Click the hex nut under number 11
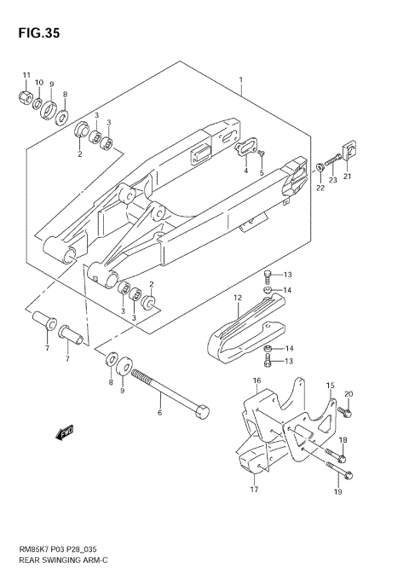26,96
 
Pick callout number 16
256,380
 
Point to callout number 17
253,490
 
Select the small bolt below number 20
345,412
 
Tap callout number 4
246,171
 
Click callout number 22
320,188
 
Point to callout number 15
330,385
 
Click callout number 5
262,171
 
